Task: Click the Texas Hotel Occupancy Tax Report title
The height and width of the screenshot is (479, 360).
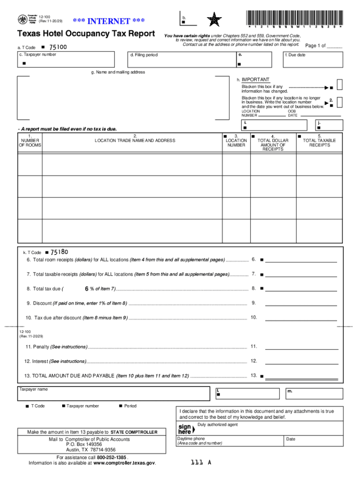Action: (86, 34)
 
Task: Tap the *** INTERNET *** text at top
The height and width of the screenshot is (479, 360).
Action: (109, 21)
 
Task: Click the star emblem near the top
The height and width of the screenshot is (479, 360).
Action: (215, 20)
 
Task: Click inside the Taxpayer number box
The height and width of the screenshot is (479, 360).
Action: (66, 60)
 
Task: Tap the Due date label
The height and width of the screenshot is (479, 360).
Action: (295, 55)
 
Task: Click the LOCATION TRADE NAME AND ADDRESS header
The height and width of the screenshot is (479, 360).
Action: (135, 140)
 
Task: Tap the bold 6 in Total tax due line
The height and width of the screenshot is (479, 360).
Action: (86, 289)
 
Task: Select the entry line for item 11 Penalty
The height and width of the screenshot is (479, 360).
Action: (301, 349)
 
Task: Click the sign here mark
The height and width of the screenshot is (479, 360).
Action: (185, 429)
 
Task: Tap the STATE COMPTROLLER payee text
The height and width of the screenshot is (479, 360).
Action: (134, 432)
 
